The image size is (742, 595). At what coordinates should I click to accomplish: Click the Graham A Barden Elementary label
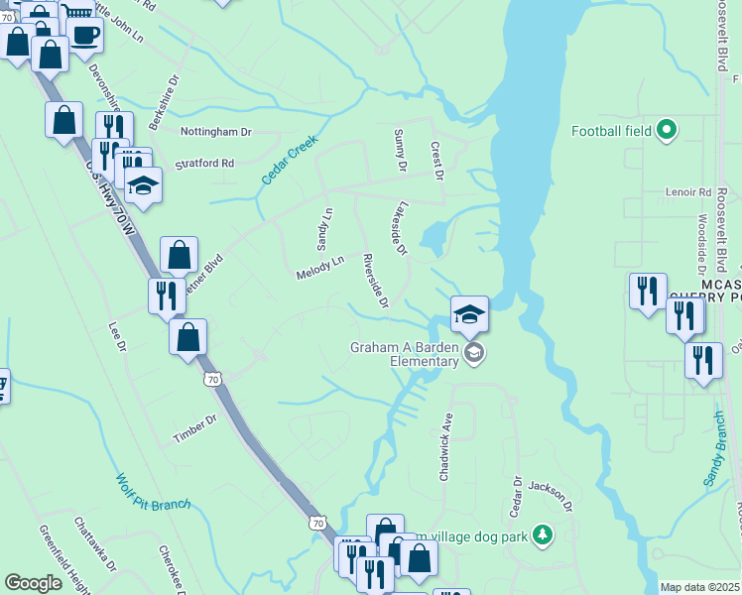point(403,354)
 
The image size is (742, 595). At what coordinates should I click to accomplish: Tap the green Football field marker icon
point(668,130)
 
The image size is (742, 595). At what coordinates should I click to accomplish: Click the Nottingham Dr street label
point(216,131)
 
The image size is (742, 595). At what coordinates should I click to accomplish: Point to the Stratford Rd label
point(204,163)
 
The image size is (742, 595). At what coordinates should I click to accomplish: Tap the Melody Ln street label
point(319,267)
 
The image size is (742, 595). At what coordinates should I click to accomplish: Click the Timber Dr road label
point(194,427)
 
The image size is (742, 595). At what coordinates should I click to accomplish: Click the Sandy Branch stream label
point(715,449)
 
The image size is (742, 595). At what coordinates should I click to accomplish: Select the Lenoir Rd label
point(691,192)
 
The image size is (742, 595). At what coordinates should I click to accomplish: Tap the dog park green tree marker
point(543,535)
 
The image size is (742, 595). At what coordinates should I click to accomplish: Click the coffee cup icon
point(84,35)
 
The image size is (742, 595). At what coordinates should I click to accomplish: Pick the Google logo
point(33,582)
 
